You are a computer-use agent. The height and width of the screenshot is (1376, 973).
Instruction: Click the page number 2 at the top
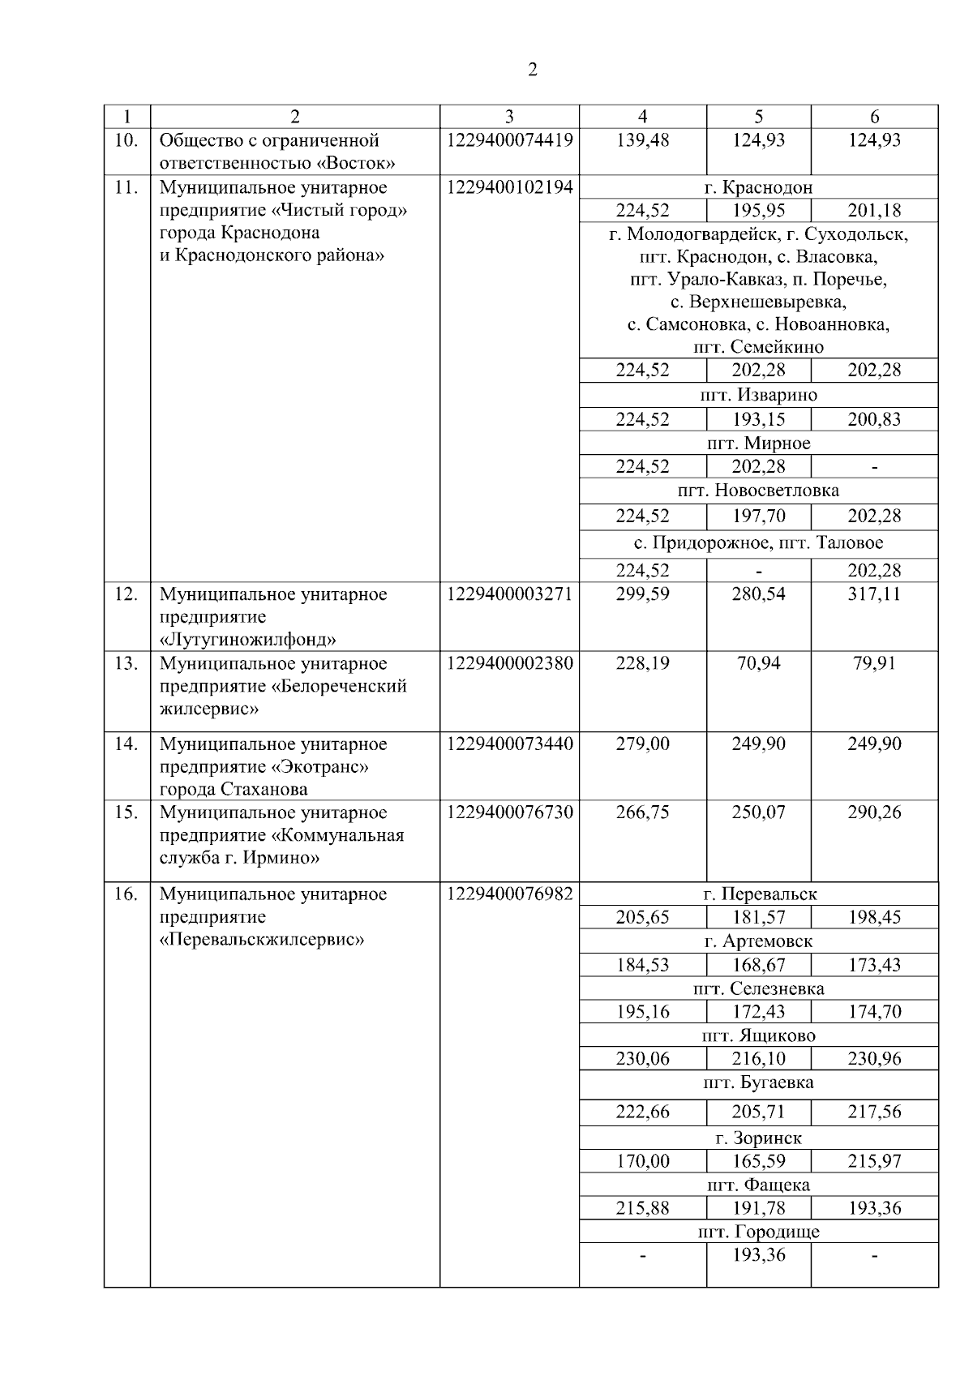tap(532, 70)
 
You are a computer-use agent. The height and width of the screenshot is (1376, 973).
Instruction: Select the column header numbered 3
tap(509, 116)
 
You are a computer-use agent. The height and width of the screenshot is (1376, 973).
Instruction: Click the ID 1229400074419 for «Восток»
tap(509, 140)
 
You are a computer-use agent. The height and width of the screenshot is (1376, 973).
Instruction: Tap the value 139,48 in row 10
tap(642, 140)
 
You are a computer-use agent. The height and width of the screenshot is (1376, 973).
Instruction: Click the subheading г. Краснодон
tap(758, 187)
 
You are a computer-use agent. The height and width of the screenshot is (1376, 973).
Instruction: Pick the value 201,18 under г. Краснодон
tap(874, 211)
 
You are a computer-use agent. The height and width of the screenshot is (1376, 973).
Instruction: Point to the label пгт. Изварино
tap(758, 395)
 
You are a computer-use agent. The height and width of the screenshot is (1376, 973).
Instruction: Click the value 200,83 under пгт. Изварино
tap(874, 419)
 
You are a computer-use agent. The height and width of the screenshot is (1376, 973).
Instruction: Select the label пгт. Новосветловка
tap(758, 491)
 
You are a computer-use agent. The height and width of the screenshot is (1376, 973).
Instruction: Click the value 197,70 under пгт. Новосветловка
tap(758, 516)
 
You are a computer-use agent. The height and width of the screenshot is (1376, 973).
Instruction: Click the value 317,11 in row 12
tap(874, 594)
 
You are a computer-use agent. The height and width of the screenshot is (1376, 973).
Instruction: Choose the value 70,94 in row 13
tap(758, 663)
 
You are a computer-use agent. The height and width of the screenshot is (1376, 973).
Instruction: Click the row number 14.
tap(126, 744)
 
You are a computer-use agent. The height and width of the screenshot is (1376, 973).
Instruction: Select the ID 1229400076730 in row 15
tap(509, 812)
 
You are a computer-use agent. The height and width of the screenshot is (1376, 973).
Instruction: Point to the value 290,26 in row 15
tap(874, 812)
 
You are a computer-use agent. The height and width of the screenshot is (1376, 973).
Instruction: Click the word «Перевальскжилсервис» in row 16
tap(262, 940)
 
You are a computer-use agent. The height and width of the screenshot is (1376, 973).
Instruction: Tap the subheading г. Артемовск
tap(758, 941)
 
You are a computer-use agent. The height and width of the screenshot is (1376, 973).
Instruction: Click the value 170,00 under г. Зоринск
tap(642, 1161)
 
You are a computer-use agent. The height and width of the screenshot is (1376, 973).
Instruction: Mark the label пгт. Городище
tap(758, 1232)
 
